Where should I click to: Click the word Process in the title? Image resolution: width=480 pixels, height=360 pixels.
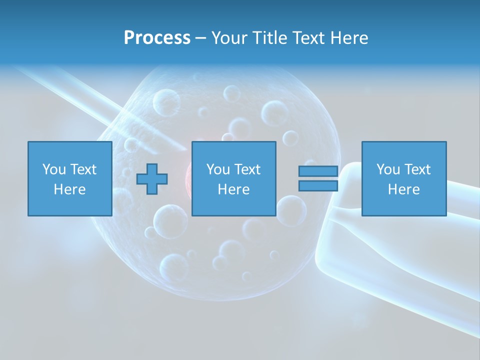point(157,38)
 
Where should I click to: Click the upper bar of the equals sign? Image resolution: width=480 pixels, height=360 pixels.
point(318,171)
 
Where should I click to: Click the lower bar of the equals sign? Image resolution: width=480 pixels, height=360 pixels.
point(318,186)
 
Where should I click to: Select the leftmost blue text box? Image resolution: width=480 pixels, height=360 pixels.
point(69,178)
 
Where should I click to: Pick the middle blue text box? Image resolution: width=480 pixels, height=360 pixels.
point(233,178)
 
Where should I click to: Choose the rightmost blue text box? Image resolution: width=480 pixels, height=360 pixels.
point(404,178)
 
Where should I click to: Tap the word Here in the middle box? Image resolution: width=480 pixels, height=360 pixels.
point(233,189)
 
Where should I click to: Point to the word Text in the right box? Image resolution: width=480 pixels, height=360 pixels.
point(418,169)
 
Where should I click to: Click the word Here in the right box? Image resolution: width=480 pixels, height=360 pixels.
point(404,189)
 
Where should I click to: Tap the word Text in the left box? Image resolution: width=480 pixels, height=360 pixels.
point(83,169)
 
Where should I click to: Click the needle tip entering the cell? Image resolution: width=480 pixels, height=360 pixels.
point(183,147)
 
